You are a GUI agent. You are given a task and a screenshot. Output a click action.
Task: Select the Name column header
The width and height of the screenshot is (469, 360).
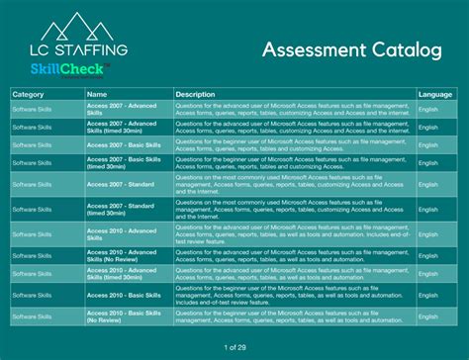pyautogui.click(x=97, y=94)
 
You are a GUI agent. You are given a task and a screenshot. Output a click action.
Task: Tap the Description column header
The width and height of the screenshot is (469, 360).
pyautogui.click(x=195, y=94)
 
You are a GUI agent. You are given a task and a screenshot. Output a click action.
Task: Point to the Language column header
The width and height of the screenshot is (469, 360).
pyautogui.click(x=435, y=94)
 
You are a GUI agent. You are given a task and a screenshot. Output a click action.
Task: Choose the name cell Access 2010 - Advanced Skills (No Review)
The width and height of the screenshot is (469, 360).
pyautogui.click(x=121, y=255)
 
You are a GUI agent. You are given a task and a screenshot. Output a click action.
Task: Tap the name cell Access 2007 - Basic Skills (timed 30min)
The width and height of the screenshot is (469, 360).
pyautogui.click(x=121, y=162)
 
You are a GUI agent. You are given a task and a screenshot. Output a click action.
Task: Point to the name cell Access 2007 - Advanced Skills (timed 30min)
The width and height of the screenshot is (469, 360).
pyautogui.click(x=121, y=127)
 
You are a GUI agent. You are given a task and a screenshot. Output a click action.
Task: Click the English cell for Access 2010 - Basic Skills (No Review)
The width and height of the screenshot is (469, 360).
pyautogui.click(x=428, y=316)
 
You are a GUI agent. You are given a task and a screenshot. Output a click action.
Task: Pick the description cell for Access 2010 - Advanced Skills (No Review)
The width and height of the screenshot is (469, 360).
pyautogui.click(x=292, y=255)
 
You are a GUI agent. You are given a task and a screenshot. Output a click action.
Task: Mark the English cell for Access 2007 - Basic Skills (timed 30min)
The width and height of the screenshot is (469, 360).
pyautogui.click(x=428, y=162)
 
